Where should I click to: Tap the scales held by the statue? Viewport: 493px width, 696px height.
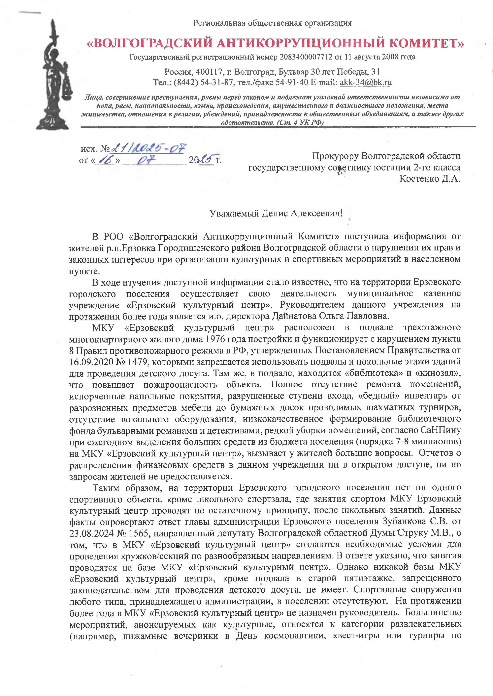click(x=67, y=88)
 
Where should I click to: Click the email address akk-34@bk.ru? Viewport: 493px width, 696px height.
click(x=366, y=82)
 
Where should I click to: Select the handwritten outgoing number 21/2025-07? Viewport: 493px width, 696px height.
click(x=148, y=148)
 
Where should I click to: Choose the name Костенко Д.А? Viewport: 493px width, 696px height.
click(x=430, y=179)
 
